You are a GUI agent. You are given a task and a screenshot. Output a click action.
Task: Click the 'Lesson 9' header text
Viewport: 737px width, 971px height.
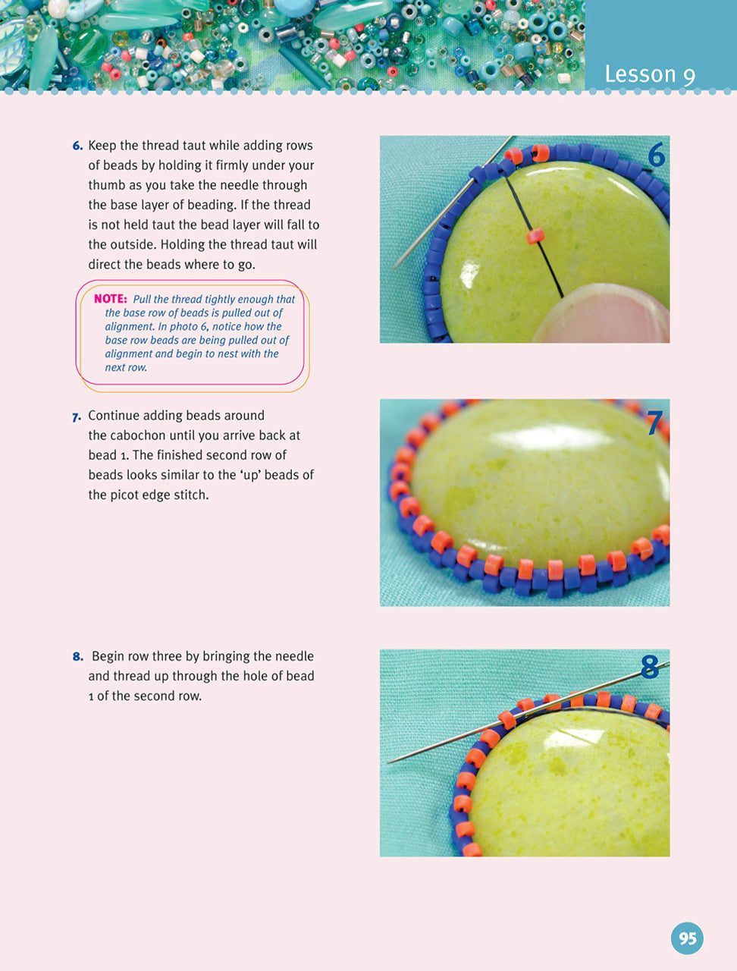pos(650,74)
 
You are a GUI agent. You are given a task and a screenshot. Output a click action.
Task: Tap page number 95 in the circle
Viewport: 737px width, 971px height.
pos(687,939)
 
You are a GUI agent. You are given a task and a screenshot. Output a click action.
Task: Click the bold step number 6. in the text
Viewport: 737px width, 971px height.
pos(77,146)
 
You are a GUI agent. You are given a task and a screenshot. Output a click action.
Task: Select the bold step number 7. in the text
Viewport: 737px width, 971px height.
pos(77,416)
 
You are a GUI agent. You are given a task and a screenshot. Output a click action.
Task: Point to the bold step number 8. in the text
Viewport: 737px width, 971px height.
pos(77,657)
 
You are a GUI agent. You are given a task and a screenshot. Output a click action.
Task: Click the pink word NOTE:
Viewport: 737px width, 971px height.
pos(110,299)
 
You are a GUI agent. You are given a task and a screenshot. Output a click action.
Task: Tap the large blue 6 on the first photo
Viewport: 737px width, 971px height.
pos(655,156)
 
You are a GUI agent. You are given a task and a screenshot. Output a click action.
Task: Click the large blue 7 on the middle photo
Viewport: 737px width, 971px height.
pos(654,423)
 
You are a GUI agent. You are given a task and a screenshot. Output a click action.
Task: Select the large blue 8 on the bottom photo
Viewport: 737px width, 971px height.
pos(650,668)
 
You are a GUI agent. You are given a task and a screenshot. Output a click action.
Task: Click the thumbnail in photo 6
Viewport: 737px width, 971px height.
pos(607,313)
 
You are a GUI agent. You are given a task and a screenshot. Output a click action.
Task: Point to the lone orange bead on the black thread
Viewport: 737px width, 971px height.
pos(536,237)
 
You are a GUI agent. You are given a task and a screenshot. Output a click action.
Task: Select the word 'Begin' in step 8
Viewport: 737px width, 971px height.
pos(110,656)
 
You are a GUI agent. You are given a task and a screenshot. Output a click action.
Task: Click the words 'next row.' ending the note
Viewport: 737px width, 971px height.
pos(126,367)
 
